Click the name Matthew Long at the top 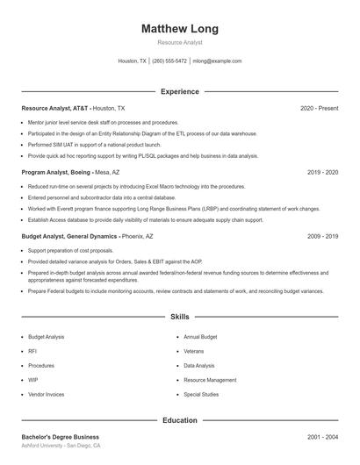(x=180, y=29)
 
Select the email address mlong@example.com (x=218, y=61)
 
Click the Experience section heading (x=180, y=91)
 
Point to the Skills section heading (x=180, y=316)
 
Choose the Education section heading (x=180, y=420)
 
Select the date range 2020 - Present (x=319, y=108)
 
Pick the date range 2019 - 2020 (x=322, y=172)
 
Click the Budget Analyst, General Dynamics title (x=69, y=236)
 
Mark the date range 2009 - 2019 (x=322, y=236)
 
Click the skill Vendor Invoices (x=47, y=394)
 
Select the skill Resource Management (x=210, y=380)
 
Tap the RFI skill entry (x=32, y=351)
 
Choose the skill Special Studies (x=201, y=394)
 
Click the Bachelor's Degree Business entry (x=61, y=436)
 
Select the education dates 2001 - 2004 (x=322, y=436)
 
